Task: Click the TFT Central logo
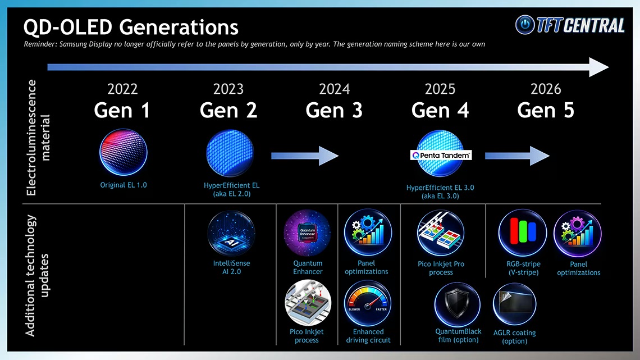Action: click(x=570, y=25)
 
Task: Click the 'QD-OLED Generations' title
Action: click(x=131, y=26)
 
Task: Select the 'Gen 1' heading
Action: click(x=122, y=110)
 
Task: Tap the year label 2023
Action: click(x=228, y=89)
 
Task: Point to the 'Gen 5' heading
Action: click(x=546, y=110)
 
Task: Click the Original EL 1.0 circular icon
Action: click(x=124, y=152)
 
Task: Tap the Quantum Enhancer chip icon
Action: click(x=308, y=233)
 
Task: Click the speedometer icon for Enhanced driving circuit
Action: click(x=368, y=304)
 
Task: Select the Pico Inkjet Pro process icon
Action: click(x=441, y=233)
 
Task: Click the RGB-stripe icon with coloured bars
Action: click(x=522, y=233)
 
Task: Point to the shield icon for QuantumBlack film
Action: click(x=458, y=305)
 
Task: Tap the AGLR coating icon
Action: click(x=514, y=305)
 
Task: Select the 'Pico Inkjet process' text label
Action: click(x=307, y=336)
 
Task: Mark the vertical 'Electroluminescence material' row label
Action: click(x=38, y=138)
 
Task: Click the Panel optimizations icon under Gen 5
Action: click(x=578, y=233)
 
